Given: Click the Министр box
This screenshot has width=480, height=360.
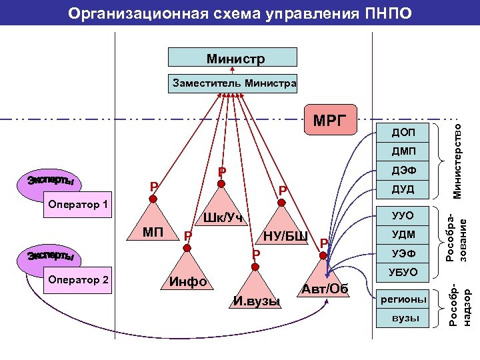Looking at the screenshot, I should [235, 59].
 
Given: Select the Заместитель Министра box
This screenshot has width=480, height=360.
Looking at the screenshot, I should [234, 84].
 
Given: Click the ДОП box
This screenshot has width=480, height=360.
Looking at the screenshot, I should [403, 133].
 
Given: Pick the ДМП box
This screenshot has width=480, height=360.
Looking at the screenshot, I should [403, 152].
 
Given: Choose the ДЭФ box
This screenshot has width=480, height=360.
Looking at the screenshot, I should [403, 171].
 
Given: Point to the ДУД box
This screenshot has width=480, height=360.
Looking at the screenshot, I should [403, 189].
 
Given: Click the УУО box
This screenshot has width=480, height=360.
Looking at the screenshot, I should [403, 216].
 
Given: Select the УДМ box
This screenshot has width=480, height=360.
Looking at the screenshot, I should [403, 235].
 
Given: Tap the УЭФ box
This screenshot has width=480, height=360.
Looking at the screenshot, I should [403, 253].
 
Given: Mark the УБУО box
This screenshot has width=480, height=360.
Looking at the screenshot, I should [403, 272].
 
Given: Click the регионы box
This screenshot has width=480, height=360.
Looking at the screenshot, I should [403, 299].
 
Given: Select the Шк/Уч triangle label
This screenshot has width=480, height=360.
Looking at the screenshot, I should [223, 217].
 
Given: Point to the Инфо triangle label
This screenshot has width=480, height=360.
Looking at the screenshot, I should [188, 281].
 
